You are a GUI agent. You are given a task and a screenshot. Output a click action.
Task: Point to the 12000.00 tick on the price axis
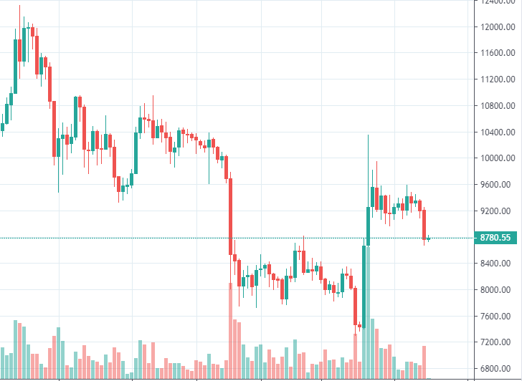[x=497, y=27]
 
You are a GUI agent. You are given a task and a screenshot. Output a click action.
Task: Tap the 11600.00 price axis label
[x=497, y=53]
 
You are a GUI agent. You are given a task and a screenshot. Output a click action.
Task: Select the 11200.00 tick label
[x=497, y=79]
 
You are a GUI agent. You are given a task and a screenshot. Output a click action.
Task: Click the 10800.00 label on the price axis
[x=497, y=106]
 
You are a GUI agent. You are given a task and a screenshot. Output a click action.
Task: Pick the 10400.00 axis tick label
[x=497, y=132]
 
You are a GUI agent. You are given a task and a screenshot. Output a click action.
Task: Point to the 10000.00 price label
[x=497, y=158]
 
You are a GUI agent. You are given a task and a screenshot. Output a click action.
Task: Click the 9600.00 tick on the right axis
[x=497, y=185]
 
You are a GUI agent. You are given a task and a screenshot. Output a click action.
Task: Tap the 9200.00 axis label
[x=497, y=211]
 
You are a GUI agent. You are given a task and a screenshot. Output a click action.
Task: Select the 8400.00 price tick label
[x=497, y=264]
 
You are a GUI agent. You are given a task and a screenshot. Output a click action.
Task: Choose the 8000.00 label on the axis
[x=497, y=290]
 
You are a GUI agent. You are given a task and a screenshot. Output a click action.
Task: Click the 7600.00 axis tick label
[x=497, y=317]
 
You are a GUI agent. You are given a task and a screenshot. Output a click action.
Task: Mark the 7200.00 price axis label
[x=497, y=342]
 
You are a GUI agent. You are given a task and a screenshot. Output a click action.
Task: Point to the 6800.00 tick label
[x=497, y=369]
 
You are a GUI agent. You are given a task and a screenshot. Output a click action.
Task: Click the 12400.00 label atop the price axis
[x=497, y=3]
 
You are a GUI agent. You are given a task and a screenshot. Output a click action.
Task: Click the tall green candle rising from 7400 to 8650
[x=364, y=286]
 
